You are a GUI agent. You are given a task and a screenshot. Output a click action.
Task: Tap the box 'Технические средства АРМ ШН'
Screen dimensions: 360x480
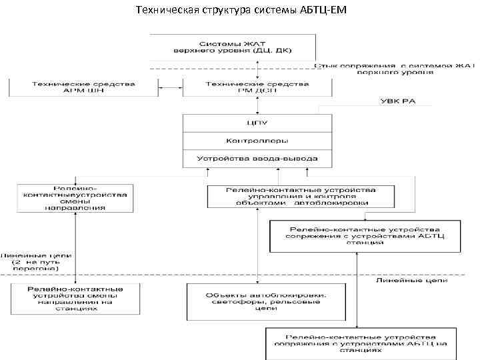point(83,87)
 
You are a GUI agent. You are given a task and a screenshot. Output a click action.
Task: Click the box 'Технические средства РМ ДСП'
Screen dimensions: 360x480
point(257,87)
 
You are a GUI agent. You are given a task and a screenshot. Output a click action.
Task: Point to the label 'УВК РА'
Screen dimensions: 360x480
point(397,101)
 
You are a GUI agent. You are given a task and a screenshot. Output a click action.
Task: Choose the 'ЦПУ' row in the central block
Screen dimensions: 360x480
point(257,123)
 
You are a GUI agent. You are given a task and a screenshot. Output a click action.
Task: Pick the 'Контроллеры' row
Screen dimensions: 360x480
point(257,141)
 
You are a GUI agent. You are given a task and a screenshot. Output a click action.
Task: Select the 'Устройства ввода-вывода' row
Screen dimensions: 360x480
point(257,159)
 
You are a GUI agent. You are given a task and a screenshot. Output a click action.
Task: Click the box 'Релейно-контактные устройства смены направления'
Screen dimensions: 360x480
point(75,197)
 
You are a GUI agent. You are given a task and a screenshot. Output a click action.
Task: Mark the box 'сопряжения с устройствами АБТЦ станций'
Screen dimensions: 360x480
point(365,236)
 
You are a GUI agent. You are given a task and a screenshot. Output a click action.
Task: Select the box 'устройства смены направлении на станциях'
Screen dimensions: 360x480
point(75,298)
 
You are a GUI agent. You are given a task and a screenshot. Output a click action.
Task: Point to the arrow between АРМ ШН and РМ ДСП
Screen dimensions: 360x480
point(169,87)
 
